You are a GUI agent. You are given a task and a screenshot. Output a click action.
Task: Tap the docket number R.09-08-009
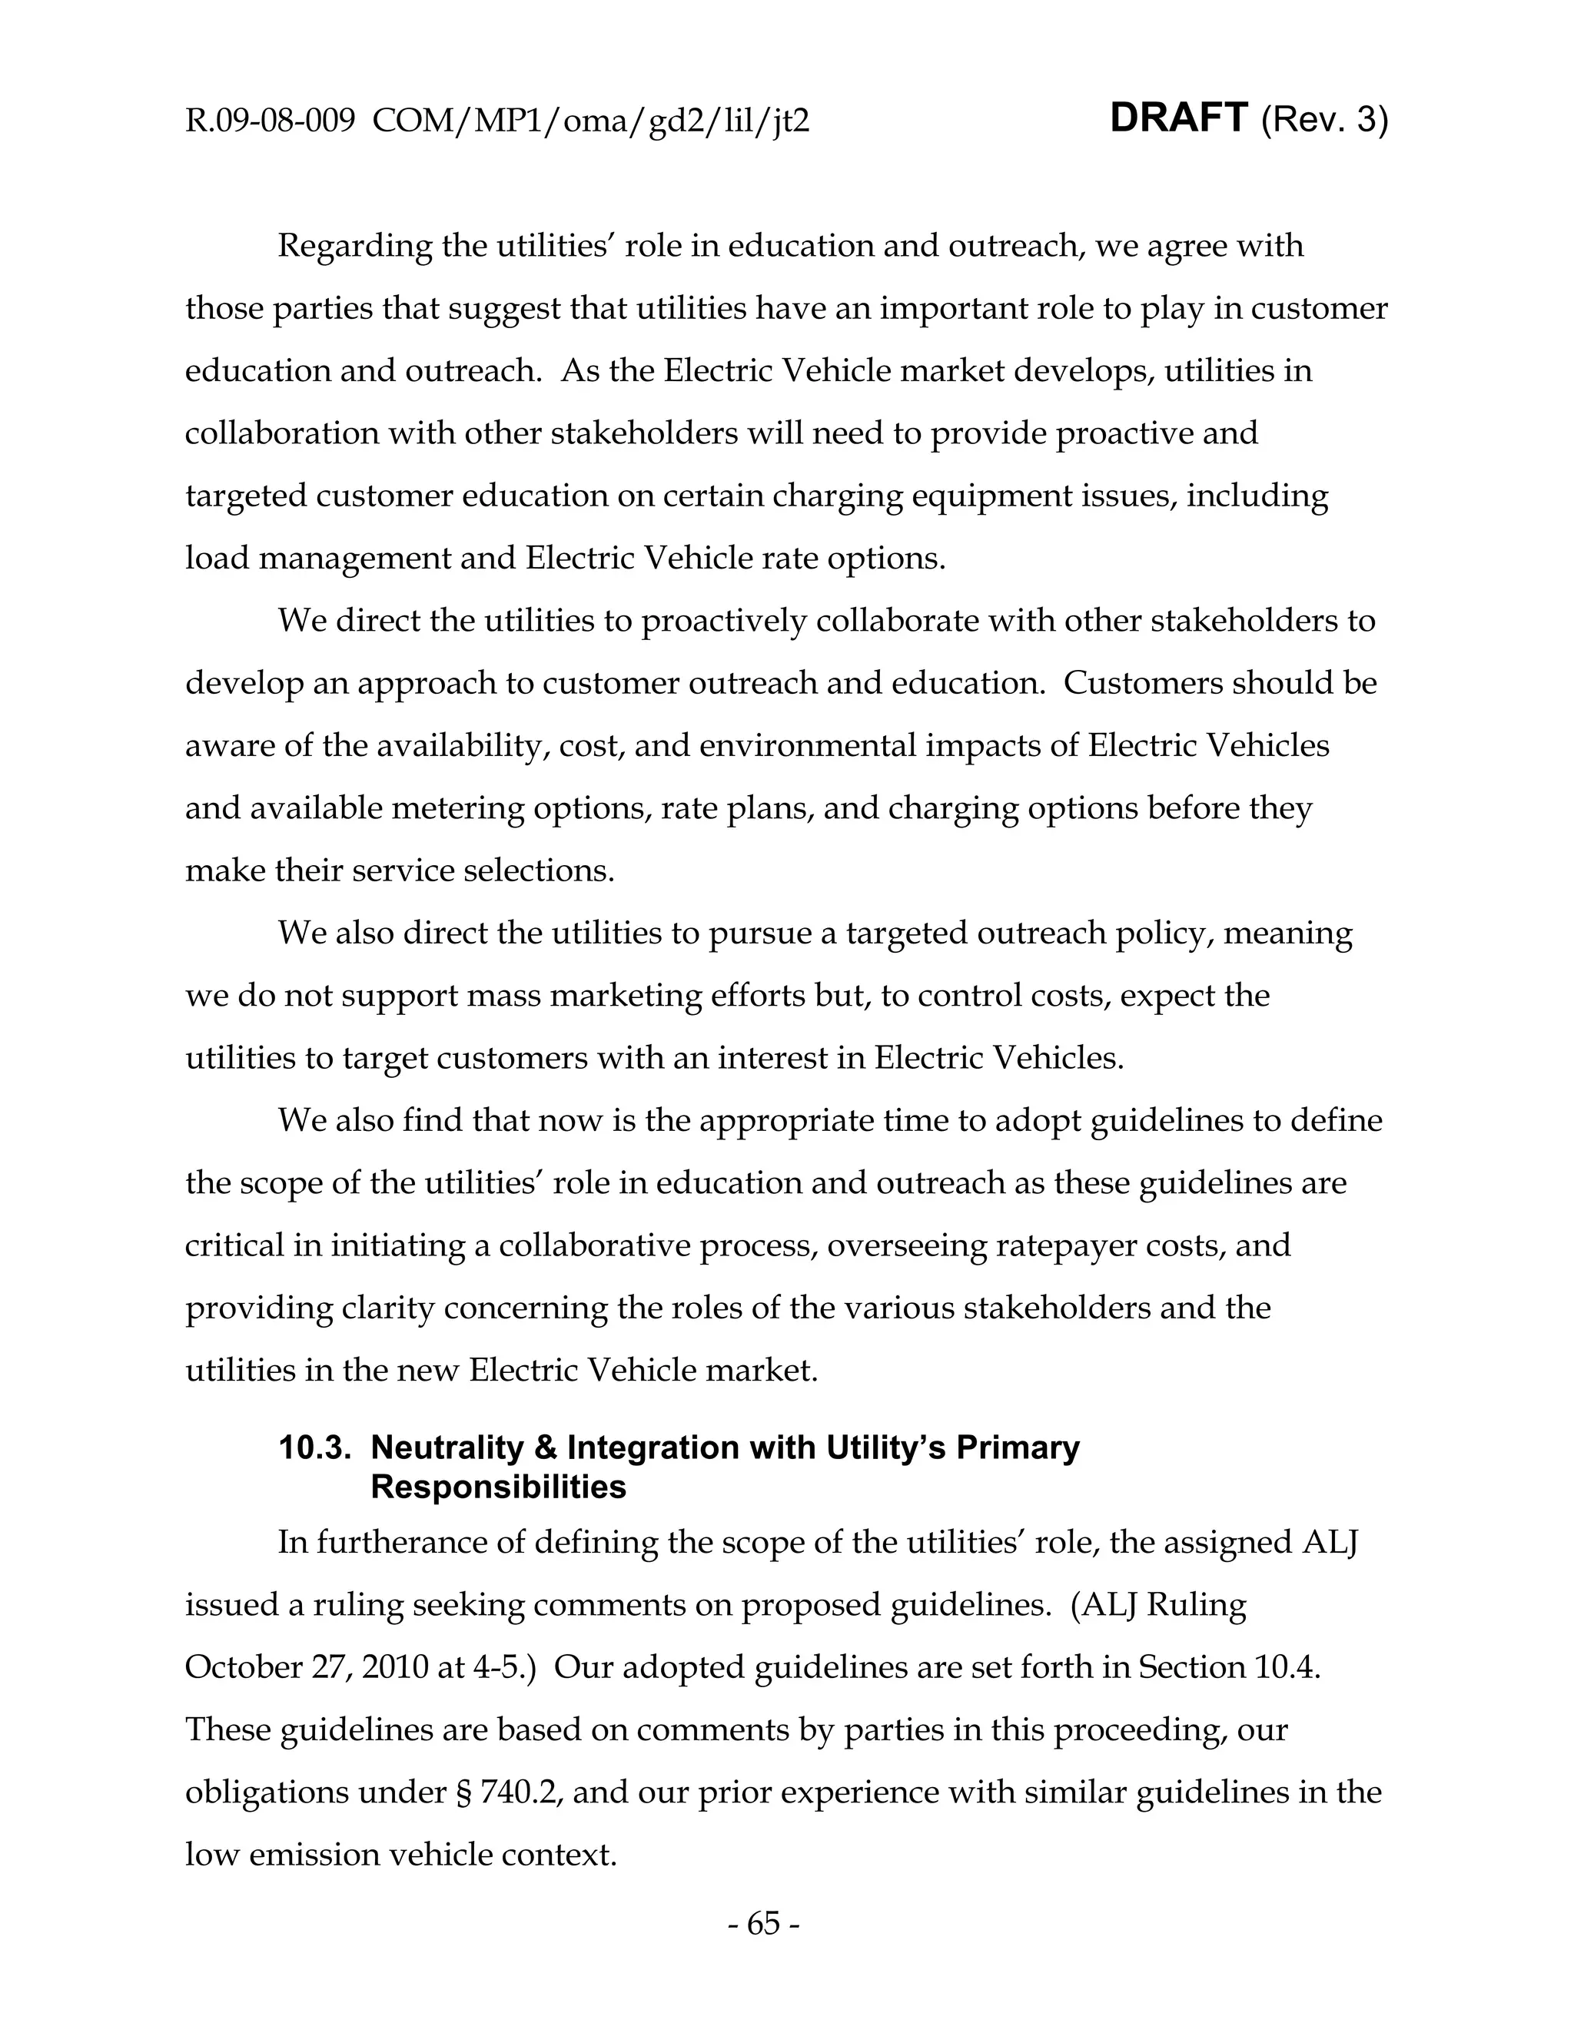point(271,121)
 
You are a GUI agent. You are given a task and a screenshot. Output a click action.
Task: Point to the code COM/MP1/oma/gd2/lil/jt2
point(590,121)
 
